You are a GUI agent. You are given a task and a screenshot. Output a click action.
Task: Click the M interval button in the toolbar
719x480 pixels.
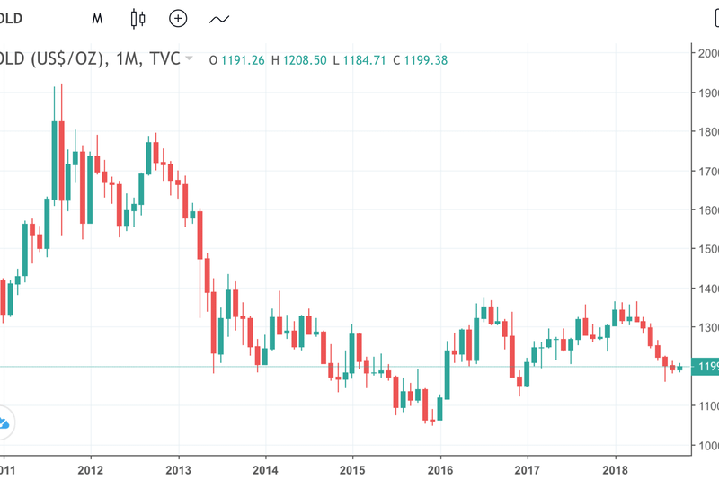[x=97, y=18]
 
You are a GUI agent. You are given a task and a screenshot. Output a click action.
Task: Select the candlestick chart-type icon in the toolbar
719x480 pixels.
[x=138, y=18]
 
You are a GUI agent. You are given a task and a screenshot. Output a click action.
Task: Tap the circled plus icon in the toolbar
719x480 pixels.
[x=178, y=18]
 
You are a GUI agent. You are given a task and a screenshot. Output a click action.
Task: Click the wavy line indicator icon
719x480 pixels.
[x=218, y=18]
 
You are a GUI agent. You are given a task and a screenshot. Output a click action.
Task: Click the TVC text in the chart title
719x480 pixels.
[x=164, y=60]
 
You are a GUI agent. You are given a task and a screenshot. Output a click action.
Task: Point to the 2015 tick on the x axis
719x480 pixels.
[x=352, y=470]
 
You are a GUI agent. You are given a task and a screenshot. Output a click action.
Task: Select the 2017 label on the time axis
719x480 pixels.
[x=528, y=470]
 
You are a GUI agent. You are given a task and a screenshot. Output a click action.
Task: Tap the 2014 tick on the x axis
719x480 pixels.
[x=264, y=470]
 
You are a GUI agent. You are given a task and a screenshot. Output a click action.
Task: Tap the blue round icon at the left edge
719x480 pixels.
[x=3, y=422]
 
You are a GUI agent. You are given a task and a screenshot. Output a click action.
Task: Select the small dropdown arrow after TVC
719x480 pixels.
[x=189, y=58]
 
